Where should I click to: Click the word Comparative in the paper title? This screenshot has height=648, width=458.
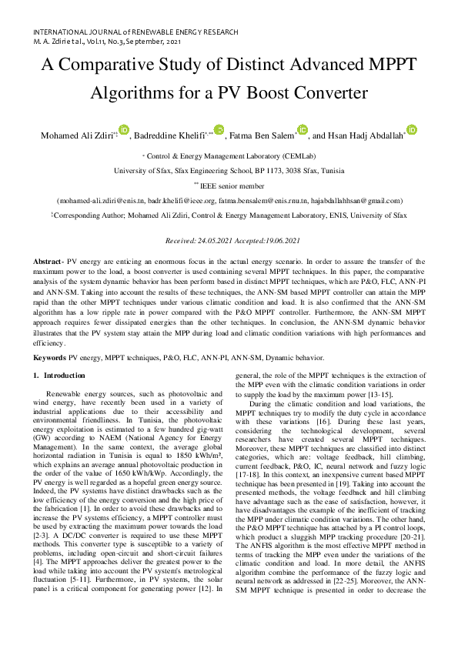tap(155, 67)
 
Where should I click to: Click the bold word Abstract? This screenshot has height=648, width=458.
tap(48, 262)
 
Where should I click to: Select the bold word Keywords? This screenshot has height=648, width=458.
tap(49, 358)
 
